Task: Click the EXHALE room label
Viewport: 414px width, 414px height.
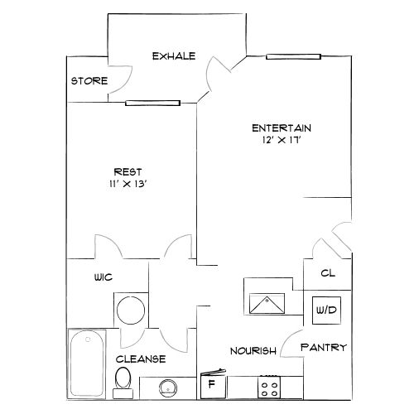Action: (173, 56)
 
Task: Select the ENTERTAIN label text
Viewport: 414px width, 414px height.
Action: (281, 128)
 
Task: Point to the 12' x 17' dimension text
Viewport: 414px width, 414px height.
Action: (281, 140)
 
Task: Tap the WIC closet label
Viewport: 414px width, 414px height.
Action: (103, 279)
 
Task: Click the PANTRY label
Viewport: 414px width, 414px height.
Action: (323, 348)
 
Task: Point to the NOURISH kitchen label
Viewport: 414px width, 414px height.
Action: (253, 351)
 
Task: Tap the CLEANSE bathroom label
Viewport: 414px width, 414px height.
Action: (140, 359)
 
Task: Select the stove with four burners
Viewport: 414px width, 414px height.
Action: (270, 386)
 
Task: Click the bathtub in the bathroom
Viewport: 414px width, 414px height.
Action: (88, 363)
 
